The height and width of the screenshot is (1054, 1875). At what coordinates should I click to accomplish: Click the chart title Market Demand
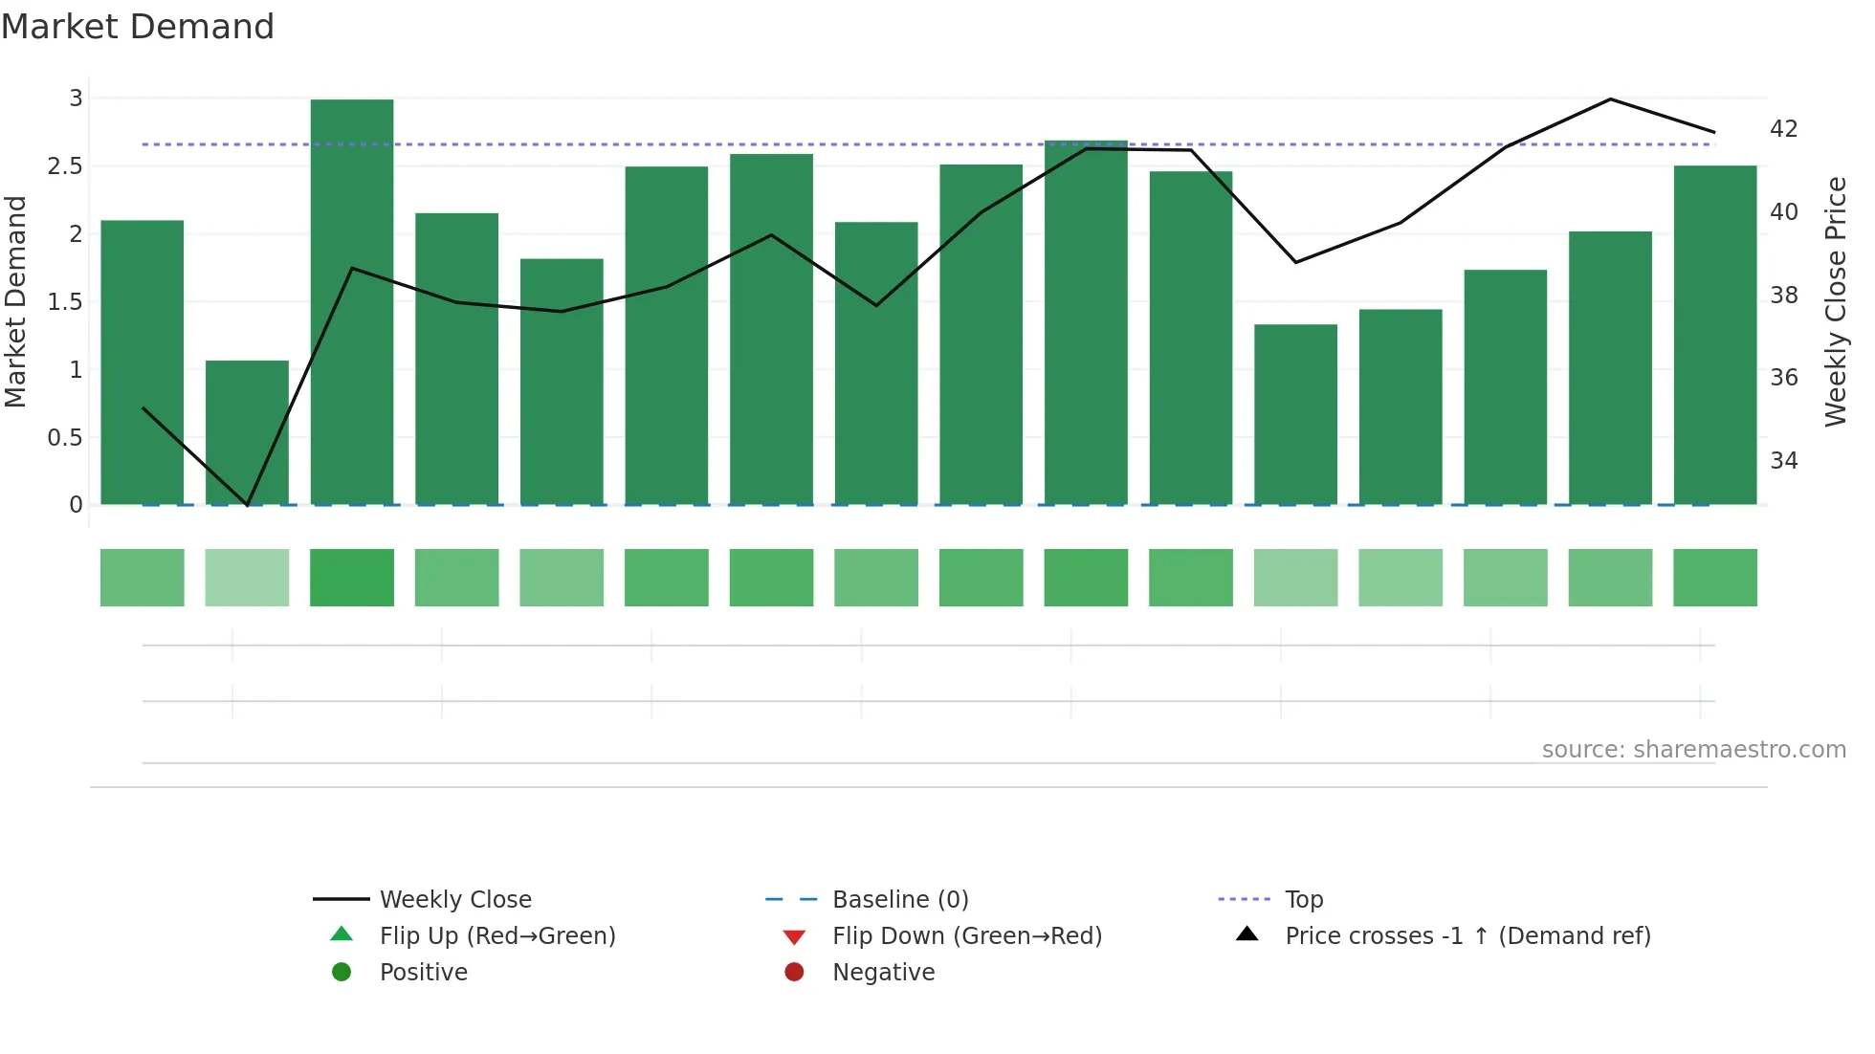click(x=138, y=27)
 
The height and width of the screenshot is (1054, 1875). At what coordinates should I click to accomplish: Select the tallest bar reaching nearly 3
click(x=352, y=301)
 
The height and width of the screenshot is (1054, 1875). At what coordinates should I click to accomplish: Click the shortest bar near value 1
click(x=247, y=432)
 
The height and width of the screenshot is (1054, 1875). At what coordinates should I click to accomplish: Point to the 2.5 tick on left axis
click(x=65, y=166)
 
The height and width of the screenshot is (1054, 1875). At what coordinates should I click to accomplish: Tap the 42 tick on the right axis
click(x=1783, y=129)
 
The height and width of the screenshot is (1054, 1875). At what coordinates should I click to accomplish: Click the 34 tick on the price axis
click(x=1783, y=461)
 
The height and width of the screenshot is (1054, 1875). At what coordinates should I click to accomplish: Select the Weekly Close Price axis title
click(x=1835, y=301)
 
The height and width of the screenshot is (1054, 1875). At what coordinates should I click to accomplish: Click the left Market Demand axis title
click(x=16, y=301)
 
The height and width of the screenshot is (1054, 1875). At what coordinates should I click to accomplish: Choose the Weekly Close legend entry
click(x=455, y=899)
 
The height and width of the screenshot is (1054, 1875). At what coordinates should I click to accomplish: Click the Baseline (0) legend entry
click(x=900, y=899)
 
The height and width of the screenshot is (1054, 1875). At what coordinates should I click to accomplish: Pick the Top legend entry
click(x=1304, y=899)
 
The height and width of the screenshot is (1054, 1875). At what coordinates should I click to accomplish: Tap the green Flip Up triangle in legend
click(x=342, y=934)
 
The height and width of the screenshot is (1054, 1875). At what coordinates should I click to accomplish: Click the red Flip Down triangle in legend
click(x=794, y=936)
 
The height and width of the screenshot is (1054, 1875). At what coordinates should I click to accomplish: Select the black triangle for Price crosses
click(x=1247, y=934)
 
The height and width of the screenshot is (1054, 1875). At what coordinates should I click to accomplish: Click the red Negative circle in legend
click(x=794, y=972)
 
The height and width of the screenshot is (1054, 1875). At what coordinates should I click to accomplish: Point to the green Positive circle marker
click(x=342, y=972)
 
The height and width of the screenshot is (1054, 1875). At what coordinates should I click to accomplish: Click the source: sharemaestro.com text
click(x=1693, y=749)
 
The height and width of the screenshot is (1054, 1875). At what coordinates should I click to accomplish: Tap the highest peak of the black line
click(x=1610, y=99)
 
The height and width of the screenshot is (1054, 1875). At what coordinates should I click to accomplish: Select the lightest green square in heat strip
click(x=247, y=578)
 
